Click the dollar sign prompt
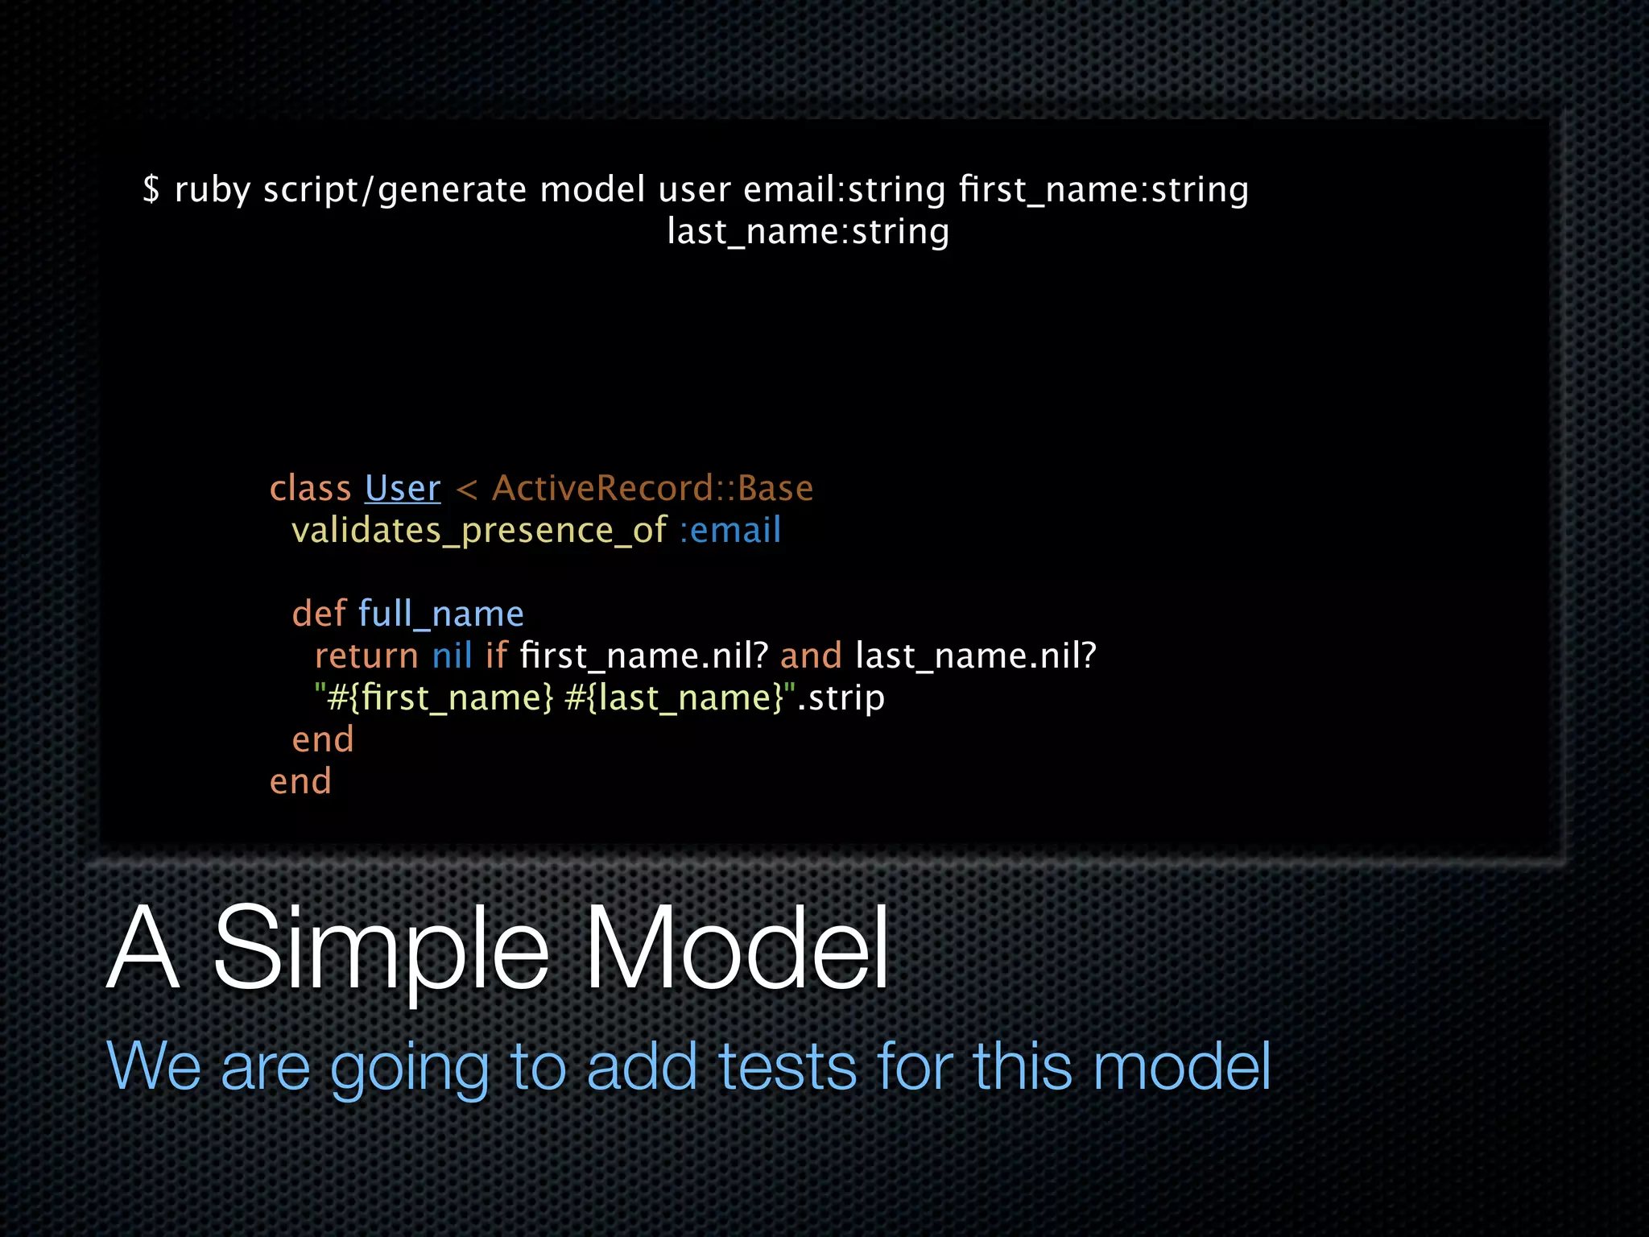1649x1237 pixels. [151, 190]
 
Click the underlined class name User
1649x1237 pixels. [403, 489]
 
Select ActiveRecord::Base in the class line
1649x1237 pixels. [652, 489]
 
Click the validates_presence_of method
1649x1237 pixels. [478, 531]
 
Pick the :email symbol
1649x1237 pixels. [730, 531]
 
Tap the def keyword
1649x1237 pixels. [319, 614]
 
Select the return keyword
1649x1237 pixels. [366, 656]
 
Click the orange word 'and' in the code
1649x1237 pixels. [811, 656]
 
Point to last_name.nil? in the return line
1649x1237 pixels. [976, 656]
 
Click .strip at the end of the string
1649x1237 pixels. [841, 698]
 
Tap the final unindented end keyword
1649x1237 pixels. [300, 782]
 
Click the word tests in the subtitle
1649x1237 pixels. [787, 1066]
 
